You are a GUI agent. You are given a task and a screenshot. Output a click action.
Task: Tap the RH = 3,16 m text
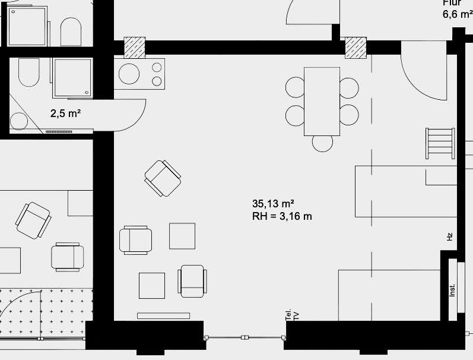pyautogui.click(x=282, y=216)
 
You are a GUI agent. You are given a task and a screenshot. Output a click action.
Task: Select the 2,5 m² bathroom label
pyautogui.click(x=65, y=113)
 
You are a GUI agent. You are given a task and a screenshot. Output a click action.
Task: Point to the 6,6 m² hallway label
pyautogui.click(x=458, y=14)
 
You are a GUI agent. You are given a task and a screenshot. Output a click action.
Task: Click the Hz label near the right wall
pyautogui.click(x=450, y=236)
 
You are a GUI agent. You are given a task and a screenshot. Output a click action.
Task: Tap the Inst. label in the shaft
pyautogui.click(x=452, y=290)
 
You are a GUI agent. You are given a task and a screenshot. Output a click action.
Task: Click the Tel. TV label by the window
pyautogui.click(x=292, y=315)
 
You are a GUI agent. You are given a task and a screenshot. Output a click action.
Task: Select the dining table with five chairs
pyautogui.click(x=322, y=101)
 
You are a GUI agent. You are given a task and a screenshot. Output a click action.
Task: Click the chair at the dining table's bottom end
pyautogui.click(x=323, y=143)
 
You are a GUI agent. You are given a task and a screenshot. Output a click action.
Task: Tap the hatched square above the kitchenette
pyautogui.click(x=134, y=48)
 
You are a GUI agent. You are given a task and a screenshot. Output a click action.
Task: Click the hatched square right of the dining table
pyautogui.click(x=356, y=48)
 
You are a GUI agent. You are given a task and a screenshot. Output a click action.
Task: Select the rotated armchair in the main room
pyautogui.click(x=163, y=178)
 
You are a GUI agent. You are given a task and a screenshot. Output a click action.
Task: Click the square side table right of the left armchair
pyautogui.click(x=182, y=236)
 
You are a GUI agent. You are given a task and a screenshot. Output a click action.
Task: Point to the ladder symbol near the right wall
pyautogui.click(x=440, y=143)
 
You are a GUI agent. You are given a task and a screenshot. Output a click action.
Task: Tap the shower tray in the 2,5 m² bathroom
pyautogui.click(x=72, y=77)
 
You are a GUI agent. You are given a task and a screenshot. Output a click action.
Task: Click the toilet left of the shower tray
pyautogui.click(x=28, y=74)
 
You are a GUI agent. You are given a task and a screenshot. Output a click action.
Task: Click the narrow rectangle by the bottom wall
pyautogui.click(x=163, y=315)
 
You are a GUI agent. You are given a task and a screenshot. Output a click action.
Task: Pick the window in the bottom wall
pyautogui.click(x=244, y=337)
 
